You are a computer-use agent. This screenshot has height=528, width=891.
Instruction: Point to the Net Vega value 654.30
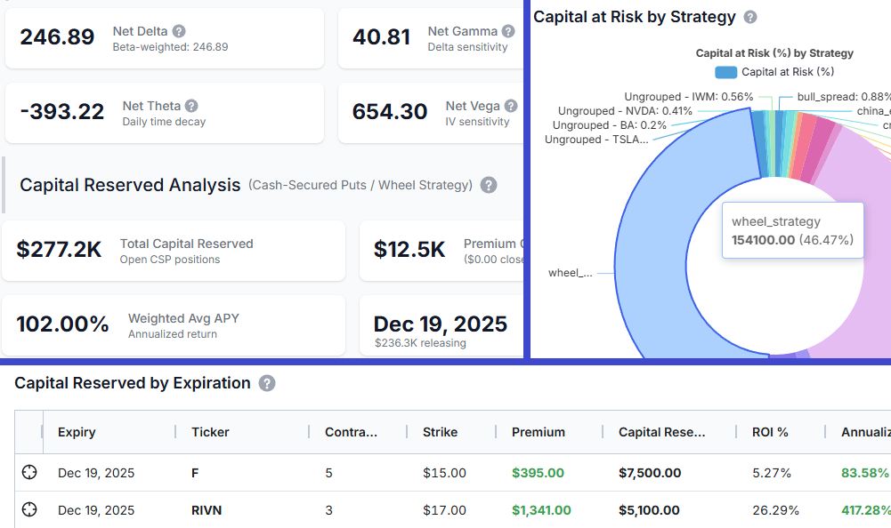click(390, 112)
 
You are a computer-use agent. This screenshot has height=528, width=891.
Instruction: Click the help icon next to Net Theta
click(191, 106)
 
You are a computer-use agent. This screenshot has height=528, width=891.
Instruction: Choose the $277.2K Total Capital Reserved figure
click(59, 250)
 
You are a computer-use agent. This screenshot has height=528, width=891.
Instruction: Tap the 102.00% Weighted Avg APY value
click(63, 324)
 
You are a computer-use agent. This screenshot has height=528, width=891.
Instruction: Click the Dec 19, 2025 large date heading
click(440, 324)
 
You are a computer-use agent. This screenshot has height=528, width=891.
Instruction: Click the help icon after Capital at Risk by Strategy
click(750, 17)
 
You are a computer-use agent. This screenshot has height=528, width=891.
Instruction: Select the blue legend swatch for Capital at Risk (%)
click(725, 72)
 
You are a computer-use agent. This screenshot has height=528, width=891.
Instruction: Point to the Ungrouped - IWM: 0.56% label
click(688, 96)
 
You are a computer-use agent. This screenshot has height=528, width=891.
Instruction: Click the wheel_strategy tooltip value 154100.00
click(762, 239)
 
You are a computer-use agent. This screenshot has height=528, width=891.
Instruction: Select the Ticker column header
click(210, 432)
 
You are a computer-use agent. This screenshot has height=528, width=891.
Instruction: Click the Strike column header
click(440, 432)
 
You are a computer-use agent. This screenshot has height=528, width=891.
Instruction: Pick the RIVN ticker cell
click(207, 510)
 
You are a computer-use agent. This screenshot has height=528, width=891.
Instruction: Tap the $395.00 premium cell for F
click(538, 473)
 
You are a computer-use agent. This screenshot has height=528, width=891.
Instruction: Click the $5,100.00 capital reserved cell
click(649, 510)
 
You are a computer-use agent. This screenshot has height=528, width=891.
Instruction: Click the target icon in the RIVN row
click(29, 509)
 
